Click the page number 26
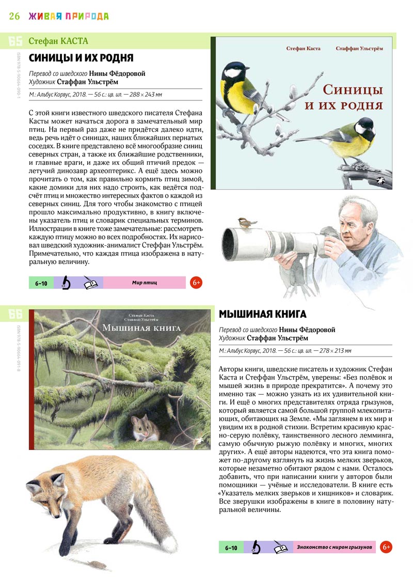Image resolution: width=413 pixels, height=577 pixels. pyautogui.click(x=14, y=15)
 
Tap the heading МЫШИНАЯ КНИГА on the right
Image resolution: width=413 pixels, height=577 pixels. pyautogui.click(x=263, y=314)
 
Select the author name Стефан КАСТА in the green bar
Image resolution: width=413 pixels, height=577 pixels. pyautogui.click(x=58, y=41)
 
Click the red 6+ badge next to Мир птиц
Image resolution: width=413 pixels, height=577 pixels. pyautogui.click(x=196, y=283)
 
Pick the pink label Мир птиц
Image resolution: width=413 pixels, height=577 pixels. pyautogui.click(x=144, y=283)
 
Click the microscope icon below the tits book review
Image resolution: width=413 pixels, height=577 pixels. pyautogui.click(x=67, y=283)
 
